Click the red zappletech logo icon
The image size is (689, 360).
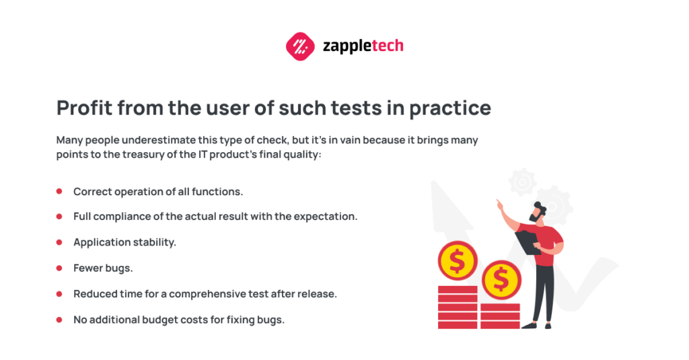[x=300, y=46]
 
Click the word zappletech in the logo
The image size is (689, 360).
[x=363, y=46]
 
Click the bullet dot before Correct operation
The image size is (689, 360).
[x=59, y=192]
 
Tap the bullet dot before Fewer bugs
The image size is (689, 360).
[x=59, y=268]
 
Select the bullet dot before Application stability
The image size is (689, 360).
[x=59, y=242]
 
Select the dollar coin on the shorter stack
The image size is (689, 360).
[x=500, y=279]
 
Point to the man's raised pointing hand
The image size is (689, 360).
[x=499, y=204]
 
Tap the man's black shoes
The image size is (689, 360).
[x=538, y=325]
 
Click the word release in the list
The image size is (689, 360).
[x=319, y=294]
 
